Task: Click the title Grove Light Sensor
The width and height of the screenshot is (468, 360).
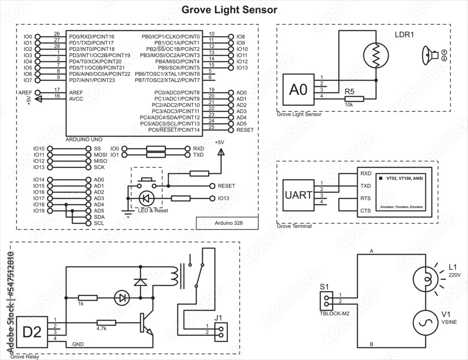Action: click(229, 9)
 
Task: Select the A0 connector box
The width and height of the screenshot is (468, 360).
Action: click(299, 89)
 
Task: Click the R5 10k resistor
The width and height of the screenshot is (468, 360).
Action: click(354, 99)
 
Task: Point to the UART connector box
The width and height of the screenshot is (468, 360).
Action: click(299, 195)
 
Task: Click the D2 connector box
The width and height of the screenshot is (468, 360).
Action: click(32, 332)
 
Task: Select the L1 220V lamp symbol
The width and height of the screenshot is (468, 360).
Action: click(425, 280)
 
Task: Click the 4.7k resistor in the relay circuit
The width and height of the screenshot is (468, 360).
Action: click(106, 323)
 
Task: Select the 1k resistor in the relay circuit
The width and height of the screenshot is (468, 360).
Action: click(88, 297)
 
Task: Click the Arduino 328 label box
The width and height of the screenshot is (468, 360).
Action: click(227, 223)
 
